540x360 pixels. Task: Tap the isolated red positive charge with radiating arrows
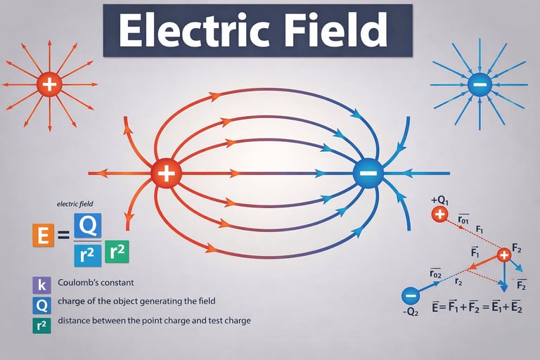click(x=49, y=85)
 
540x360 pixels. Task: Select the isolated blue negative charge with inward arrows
click(x=478, y=85)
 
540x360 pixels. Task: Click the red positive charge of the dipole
click(x=167, y=172)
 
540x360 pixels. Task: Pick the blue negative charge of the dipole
click(x=367, y=173)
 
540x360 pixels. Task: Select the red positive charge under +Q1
click(x=440, y=214)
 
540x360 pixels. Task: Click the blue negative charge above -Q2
click(x=410, y=296)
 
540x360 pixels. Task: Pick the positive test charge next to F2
click(x=503, y=255)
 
